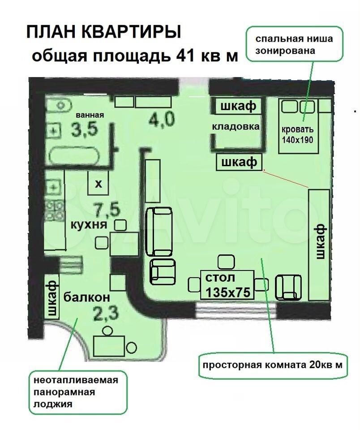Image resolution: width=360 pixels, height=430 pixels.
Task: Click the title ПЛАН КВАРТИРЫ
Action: (x=103, y=32)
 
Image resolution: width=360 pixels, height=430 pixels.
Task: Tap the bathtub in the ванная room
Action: (x=74, y=156)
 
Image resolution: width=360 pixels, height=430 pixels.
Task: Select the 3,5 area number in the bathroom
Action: (x=85, y=129)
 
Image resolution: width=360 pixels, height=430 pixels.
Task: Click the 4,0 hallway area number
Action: (x=162, y=120)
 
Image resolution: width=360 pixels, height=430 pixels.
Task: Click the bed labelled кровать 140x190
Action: (x=299, y=126)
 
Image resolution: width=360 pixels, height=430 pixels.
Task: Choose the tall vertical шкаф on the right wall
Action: (x=319, y=245)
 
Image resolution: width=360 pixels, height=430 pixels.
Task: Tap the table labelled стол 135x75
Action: (x=227, y=285)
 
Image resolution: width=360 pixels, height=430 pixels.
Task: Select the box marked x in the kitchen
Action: (x=98, y=183)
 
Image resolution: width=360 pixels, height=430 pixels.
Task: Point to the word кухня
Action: (x=89, y=225)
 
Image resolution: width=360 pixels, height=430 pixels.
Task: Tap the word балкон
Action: (x=87, y=297)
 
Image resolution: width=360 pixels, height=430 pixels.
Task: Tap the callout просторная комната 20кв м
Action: (x=273, y=365)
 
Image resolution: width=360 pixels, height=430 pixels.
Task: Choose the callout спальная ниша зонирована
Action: (x=295, y=44)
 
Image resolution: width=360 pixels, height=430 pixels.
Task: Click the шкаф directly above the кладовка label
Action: (x=238, y=106)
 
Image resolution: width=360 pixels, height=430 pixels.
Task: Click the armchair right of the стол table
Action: (x=288, y=287)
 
